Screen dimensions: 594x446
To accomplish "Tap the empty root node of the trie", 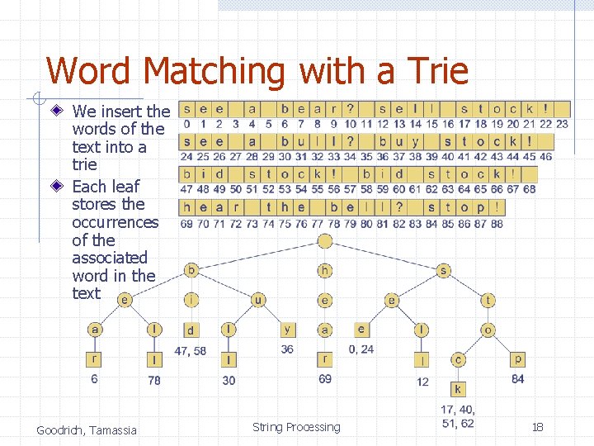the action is click(x=325, y=241).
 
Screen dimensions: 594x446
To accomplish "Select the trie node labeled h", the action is click(x=325, y=270).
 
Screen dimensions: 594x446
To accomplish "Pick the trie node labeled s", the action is click(x=444, y=270).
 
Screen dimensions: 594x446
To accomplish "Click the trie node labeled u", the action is click(x=258, y=300).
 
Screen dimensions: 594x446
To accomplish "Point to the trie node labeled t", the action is click(x=488, y=301).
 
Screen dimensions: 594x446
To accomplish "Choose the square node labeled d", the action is click(x=191, y=330).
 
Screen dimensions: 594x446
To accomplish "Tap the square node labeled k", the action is click(x=458, y=389).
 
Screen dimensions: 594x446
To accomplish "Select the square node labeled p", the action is click(x=517, y=359).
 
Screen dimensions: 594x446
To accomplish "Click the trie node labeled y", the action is click(x=287, y=330).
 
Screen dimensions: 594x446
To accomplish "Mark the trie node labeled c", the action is click(x=458, y=359).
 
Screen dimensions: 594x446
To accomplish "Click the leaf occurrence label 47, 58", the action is click(x=191, y=351).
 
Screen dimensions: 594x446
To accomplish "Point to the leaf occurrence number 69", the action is click(x=326, y=379).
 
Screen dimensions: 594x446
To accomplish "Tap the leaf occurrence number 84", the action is click(x=517, y=379).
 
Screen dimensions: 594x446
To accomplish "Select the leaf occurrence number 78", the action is click(x=154, y=381).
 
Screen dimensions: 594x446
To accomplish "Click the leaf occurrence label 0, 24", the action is click(x=361, y=349).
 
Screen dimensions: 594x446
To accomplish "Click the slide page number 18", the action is click(x=537, y=427).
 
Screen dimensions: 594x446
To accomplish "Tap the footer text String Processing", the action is click(x=296, y=427).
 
